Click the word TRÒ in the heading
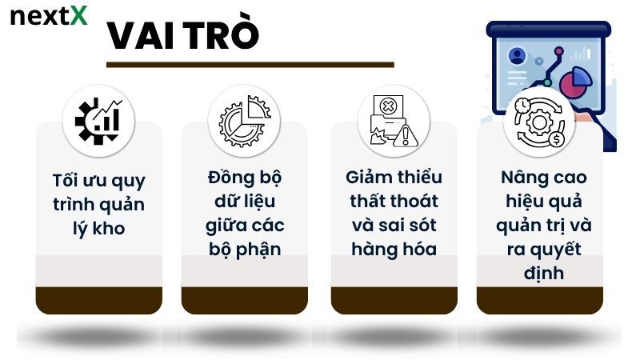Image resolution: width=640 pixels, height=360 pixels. click(x=218, y=37)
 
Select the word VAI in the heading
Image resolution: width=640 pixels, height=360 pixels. click(x=142, y=37)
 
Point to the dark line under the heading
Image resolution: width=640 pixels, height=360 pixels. click(x=250, y=65)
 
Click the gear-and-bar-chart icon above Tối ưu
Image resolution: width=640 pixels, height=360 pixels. click(x=98, y=121)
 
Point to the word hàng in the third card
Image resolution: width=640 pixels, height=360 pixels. click(x=372, y=249)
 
